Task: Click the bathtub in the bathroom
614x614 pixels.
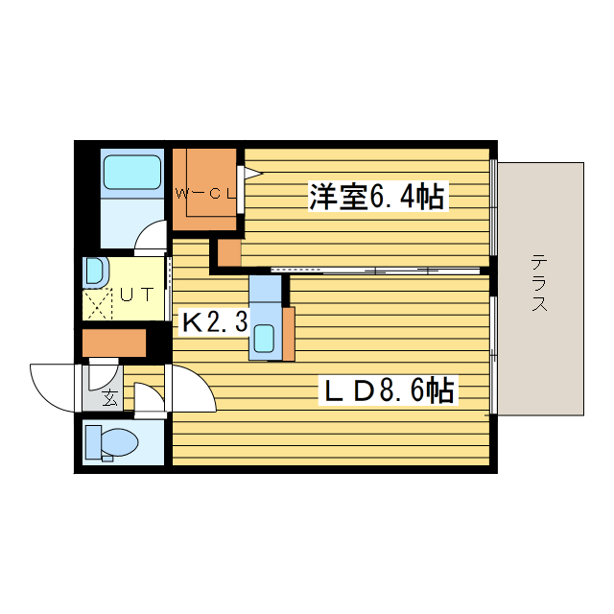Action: click(131, 172)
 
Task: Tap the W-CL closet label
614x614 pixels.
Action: click(205, 193)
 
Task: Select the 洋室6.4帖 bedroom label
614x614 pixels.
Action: click(375, 198)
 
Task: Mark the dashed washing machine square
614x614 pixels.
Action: click(98, 306)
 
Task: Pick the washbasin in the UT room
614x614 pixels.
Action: click(93, 272)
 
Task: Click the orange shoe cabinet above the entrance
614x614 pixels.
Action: click(113, 342)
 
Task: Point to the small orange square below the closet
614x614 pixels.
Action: click(228, 253)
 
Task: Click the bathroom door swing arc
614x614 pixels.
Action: click(151, 237)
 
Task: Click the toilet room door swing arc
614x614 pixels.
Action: click(149, 399)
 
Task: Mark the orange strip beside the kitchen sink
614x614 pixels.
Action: click(289, 332)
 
